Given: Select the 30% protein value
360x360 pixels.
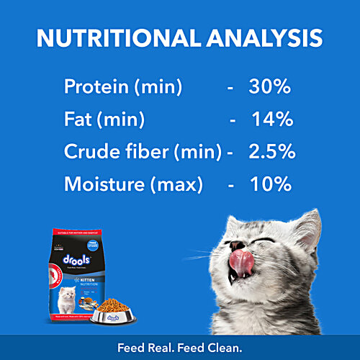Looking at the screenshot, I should point(269,88).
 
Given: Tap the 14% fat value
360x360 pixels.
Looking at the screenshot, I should point(271,120).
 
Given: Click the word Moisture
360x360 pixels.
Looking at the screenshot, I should point(102,184).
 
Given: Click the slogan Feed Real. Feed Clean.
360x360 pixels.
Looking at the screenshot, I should point(180,348).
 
